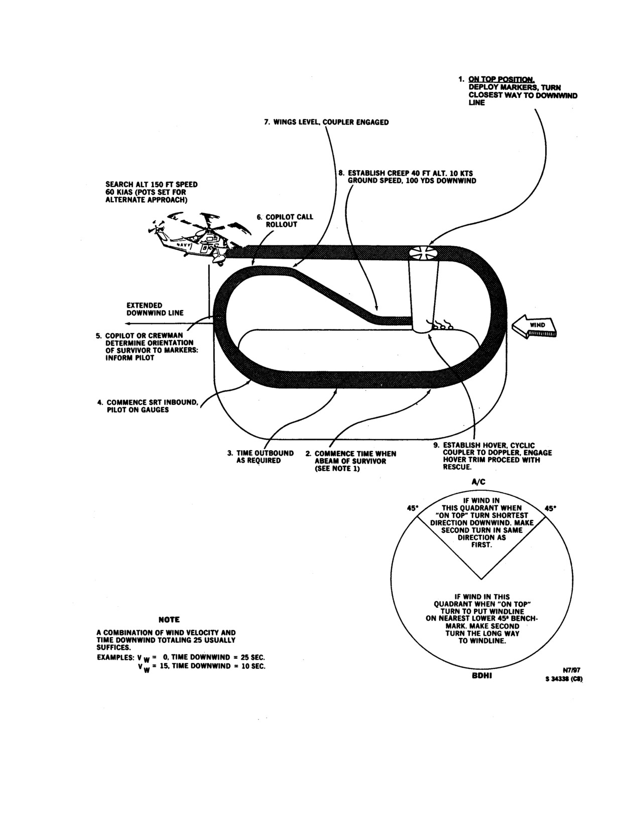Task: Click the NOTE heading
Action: coord(169,620)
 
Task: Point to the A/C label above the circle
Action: coord(479,482)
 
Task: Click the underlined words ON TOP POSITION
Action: coord(501,79)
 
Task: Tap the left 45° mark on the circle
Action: coord(412,508)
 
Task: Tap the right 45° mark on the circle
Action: coord(550,508)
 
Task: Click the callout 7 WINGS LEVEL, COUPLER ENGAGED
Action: coord(326,122)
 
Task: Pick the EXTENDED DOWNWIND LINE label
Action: coord(155,309)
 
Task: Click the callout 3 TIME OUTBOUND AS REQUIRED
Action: coord(261,457)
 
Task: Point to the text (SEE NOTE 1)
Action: coord(337,469)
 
